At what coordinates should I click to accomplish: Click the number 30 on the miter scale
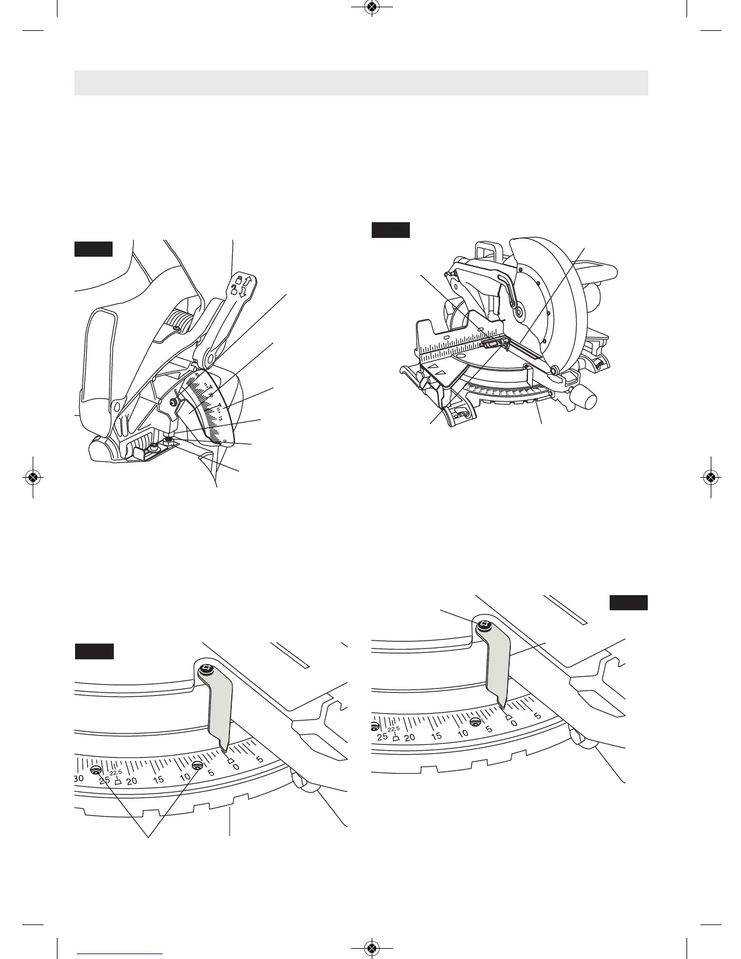(79, 779)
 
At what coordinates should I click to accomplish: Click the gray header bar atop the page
(361, 83)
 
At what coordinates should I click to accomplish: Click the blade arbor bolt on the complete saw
(518, 314)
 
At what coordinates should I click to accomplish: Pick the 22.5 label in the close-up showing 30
(116, 772)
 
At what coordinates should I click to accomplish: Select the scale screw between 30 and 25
(96, 770)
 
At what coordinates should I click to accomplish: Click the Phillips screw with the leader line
(483, 626)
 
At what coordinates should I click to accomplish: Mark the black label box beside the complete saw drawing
(390, 230)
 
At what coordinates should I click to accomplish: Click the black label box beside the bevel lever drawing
(94, 249)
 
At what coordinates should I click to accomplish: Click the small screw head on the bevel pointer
(174, 400)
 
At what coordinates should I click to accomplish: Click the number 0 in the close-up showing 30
(236, 766)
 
